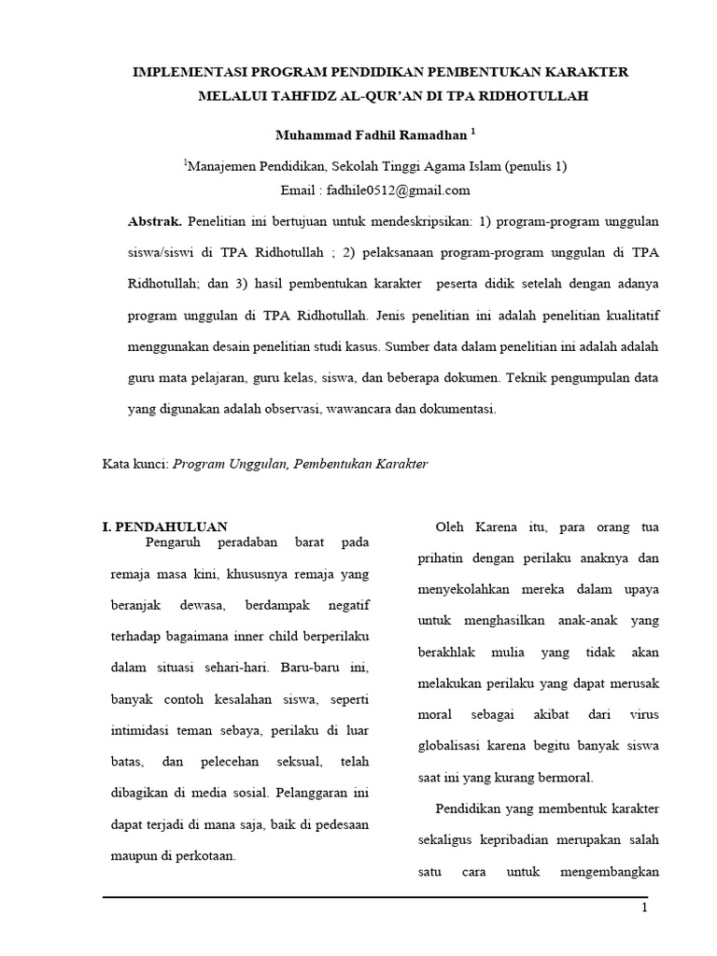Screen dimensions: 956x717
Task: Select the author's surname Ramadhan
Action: [420, 135]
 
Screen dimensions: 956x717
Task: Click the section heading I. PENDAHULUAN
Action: [164, 527]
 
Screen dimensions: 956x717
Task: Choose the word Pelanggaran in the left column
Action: [312, 794]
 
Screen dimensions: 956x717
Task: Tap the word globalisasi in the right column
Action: [453, 746]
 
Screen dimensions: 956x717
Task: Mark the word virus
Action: [644, 714]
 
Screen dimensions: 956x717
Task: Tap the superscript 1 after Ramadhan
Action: [473, 131]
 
